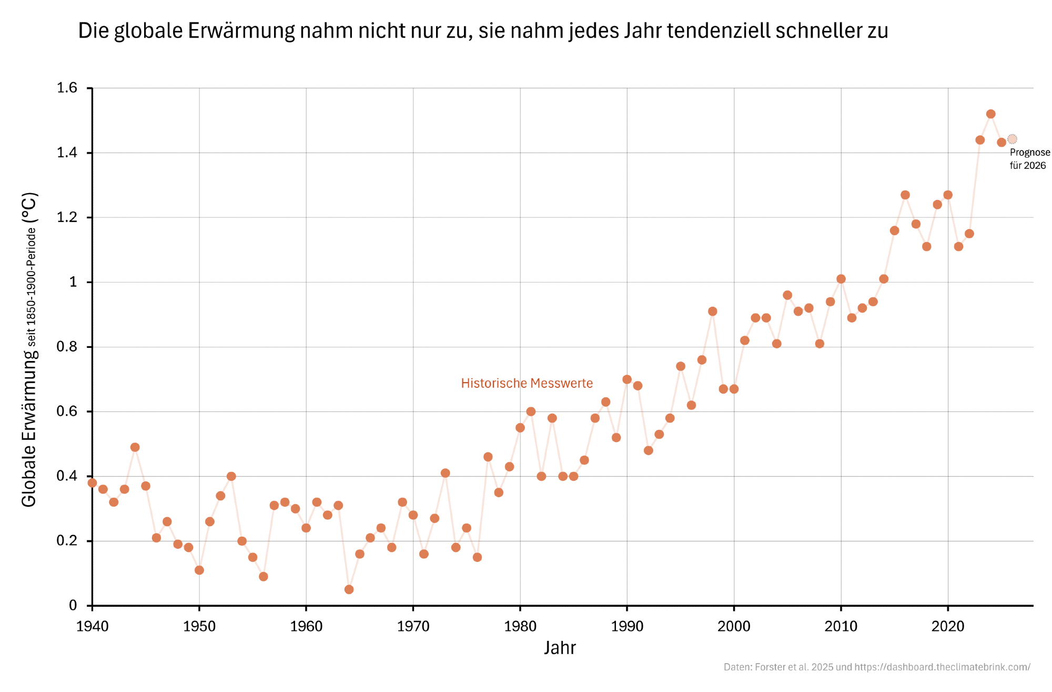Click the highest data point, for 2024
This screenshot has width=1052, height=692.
click(990, 114)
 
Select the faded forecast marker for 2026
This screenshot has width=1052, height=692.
click(1012, 139)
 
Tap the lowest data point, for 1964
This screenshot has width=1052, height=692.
click(349, 589)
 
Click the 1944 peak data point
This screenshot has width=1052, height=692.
click(135, 447)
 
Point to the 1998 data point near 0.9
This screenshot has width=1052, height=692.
click(712, 312)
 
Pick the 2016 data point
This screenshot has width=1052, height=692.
click(905, 195)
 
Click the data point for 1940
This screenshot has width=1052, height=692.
click(92, 483)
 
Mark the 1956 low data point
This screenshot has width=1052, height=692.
click(263, 577)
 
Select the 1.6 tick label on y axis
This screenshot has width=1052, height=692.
click(67, 88)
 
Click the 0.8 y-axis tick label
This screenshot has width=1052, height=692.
click(67, 347)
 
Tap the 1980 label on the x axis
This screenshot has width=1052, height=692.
click(520, 626)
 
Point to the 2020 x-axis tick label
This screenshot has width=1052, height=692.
click(947, 626)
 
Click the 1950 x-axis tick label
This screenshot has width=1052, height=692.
click(199, 626)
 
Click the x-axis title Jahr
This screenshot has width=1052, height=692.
click(560, 648)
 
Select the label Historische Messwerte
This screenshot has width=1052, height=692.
click(527, 384)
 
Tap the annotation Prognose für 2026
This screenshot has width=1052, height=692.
click(1029, 159)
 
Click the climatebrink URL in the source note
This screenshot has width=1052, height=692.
click(942, 667)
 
